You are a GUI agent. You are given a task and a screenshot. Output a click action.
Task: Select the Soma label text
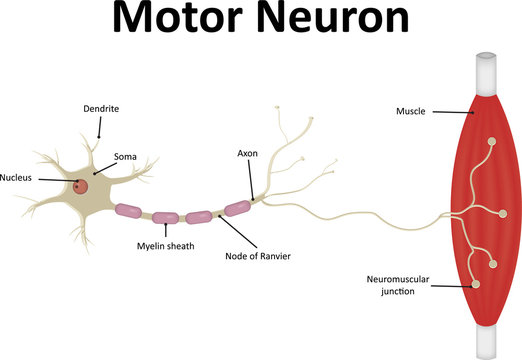(x=126, y=156)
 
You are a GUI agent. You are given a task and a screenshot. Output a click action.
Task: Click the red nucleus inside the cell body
(x=80, y=186)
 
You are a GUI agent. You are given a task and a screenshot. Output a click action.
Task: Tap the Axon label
(x=249, y=155)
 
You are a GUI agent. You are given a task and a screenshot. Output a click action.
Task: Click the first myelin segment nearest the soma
(x=129, y=211)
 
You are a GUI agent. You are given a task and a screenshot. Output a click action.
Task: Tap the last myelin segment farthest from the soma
(x=236, y=208)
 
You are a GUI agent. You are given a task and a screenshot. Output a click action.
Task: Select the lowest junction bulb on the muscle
(x=475, y=284)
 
